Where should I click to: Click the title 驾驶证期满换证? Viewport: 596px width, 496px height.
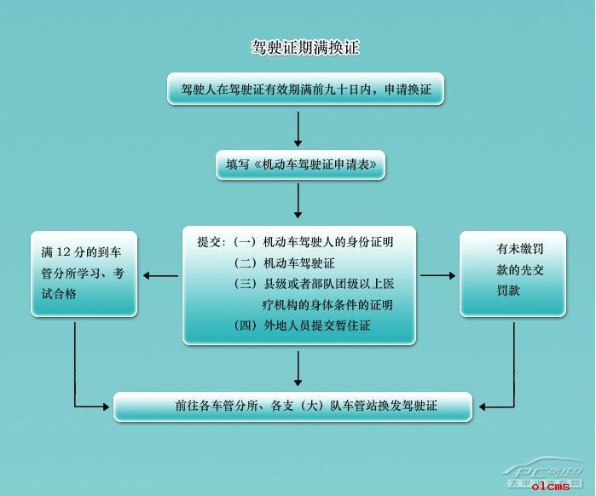(x=305, y=48)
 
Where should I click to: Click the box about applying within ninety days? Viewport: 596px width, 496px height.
(x=305, y=89)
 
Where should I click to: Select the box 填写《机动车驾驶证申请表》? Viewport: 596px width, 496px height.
(x=301, y=164)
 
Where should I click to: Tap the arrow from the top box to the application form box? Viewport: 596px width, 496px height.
(x=298, y=130)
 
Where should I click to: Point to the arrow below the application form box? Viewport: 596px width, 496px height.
(x=298, y=200)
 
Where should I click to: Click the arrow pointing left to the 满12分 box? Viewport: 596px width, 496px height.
(x=160, y=276)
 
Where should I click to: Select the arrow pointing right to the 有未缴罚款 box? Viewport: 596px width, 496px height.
(x=438, y=275)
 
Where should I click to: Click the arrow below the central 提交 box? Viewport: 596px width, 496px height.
(x=298, y=369)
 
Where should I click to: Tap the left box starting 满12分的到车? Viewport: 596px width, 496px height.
(x=84, y=274)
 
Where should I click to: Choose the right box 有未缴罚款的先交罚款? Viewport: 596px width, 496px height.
(x=512, y=274)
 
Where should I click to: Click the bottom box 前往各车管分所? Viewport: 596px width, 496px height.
(x=292, y=407)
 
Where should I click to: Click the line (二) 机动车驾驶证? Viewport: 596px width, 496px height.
(x=285, y=262)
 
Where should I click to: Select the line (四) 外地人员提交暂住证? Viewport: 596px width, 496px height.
(x=302, y=326)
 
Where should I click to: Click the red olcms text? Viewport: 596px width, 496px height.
(x=551, y=486)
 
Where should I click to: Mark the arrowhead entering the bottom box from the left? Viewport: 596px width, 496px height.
(x=105, y=407)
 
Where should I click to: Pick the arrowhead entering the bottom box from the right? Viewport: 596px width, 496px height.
(x=482, y=407)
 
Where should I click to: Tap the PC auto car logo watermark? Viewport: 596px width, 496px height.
(x=543, y=471)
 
